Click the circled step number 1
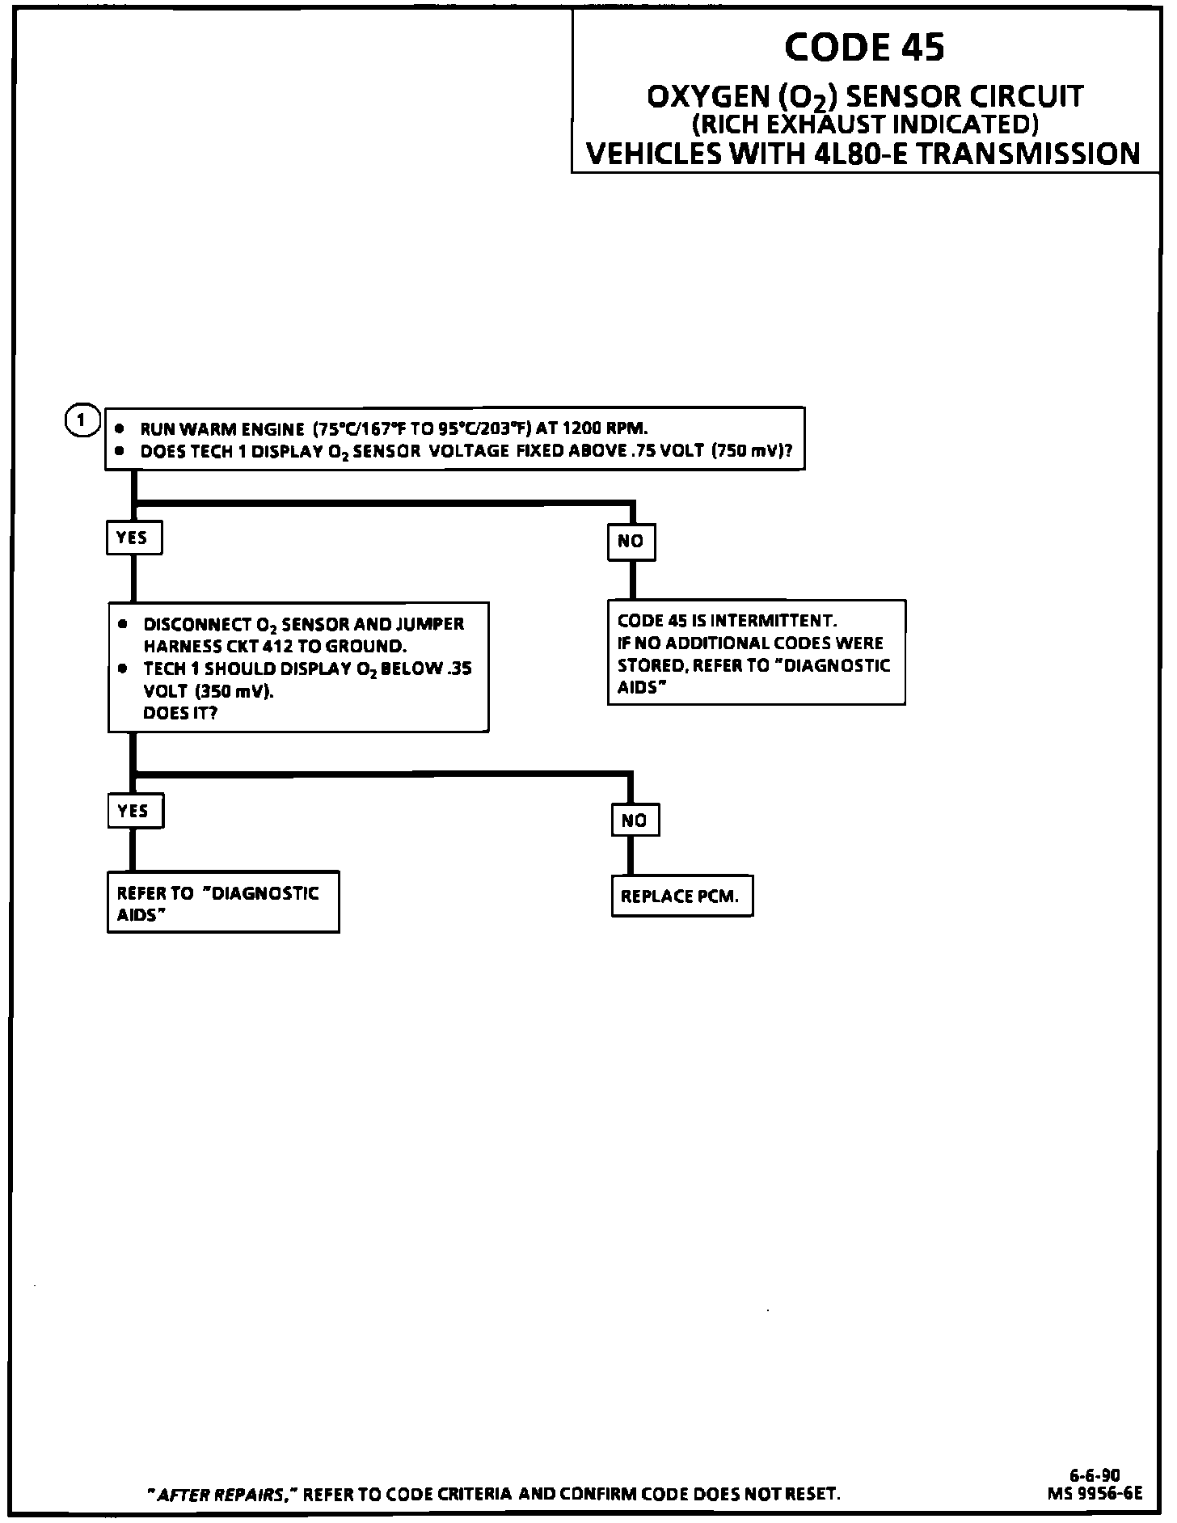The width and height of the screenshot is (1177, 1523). click(x=81, y=420)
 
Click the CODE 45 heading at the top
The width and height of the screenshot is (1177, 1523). click(x=863, y=48)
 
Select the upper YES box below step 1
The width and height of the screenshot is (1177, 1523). click(x=133, y=538)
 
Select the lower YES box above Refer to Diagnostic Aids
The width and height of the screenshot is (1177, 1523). click(x=135, y=811)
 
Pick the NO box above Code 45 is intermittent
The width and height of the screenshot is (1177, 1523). click(x=631, y=541)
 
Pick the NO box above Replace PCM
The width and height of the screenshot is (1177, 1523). click(x=635, y=821)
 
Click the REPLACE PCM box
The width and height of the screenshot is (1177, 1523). click(x=681, y=896)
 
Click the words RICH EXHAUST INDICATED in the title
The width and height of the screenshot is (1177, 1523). click(x=864, y=124)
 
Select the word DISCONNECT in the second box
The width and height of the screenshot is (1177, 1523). click(x=197, y=625)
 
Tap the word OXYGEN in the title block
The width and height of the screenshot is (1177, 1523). click(x=707, y=97)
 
